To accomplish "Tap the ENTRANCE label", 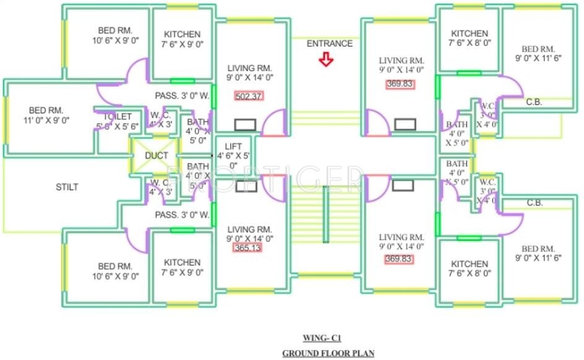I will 330,43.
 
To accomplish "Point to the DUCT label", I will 156,156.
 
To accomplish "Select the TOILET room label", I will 118,116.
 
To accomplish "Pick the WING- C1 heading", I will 322,338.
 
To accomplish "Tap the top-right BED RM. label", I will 538,49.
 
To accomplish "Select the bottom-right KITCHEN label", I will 469,264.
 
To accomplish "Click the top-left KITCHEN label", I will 182,34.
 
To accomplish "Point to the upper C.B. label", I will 534,103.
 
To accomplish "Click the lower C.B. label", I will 534,203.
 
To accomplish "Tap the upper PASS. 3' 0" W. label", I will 182,96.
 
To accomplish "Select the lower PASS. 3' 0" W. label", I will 182,215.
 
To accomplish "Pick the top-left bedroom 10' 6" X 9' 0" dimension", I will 116,40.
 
